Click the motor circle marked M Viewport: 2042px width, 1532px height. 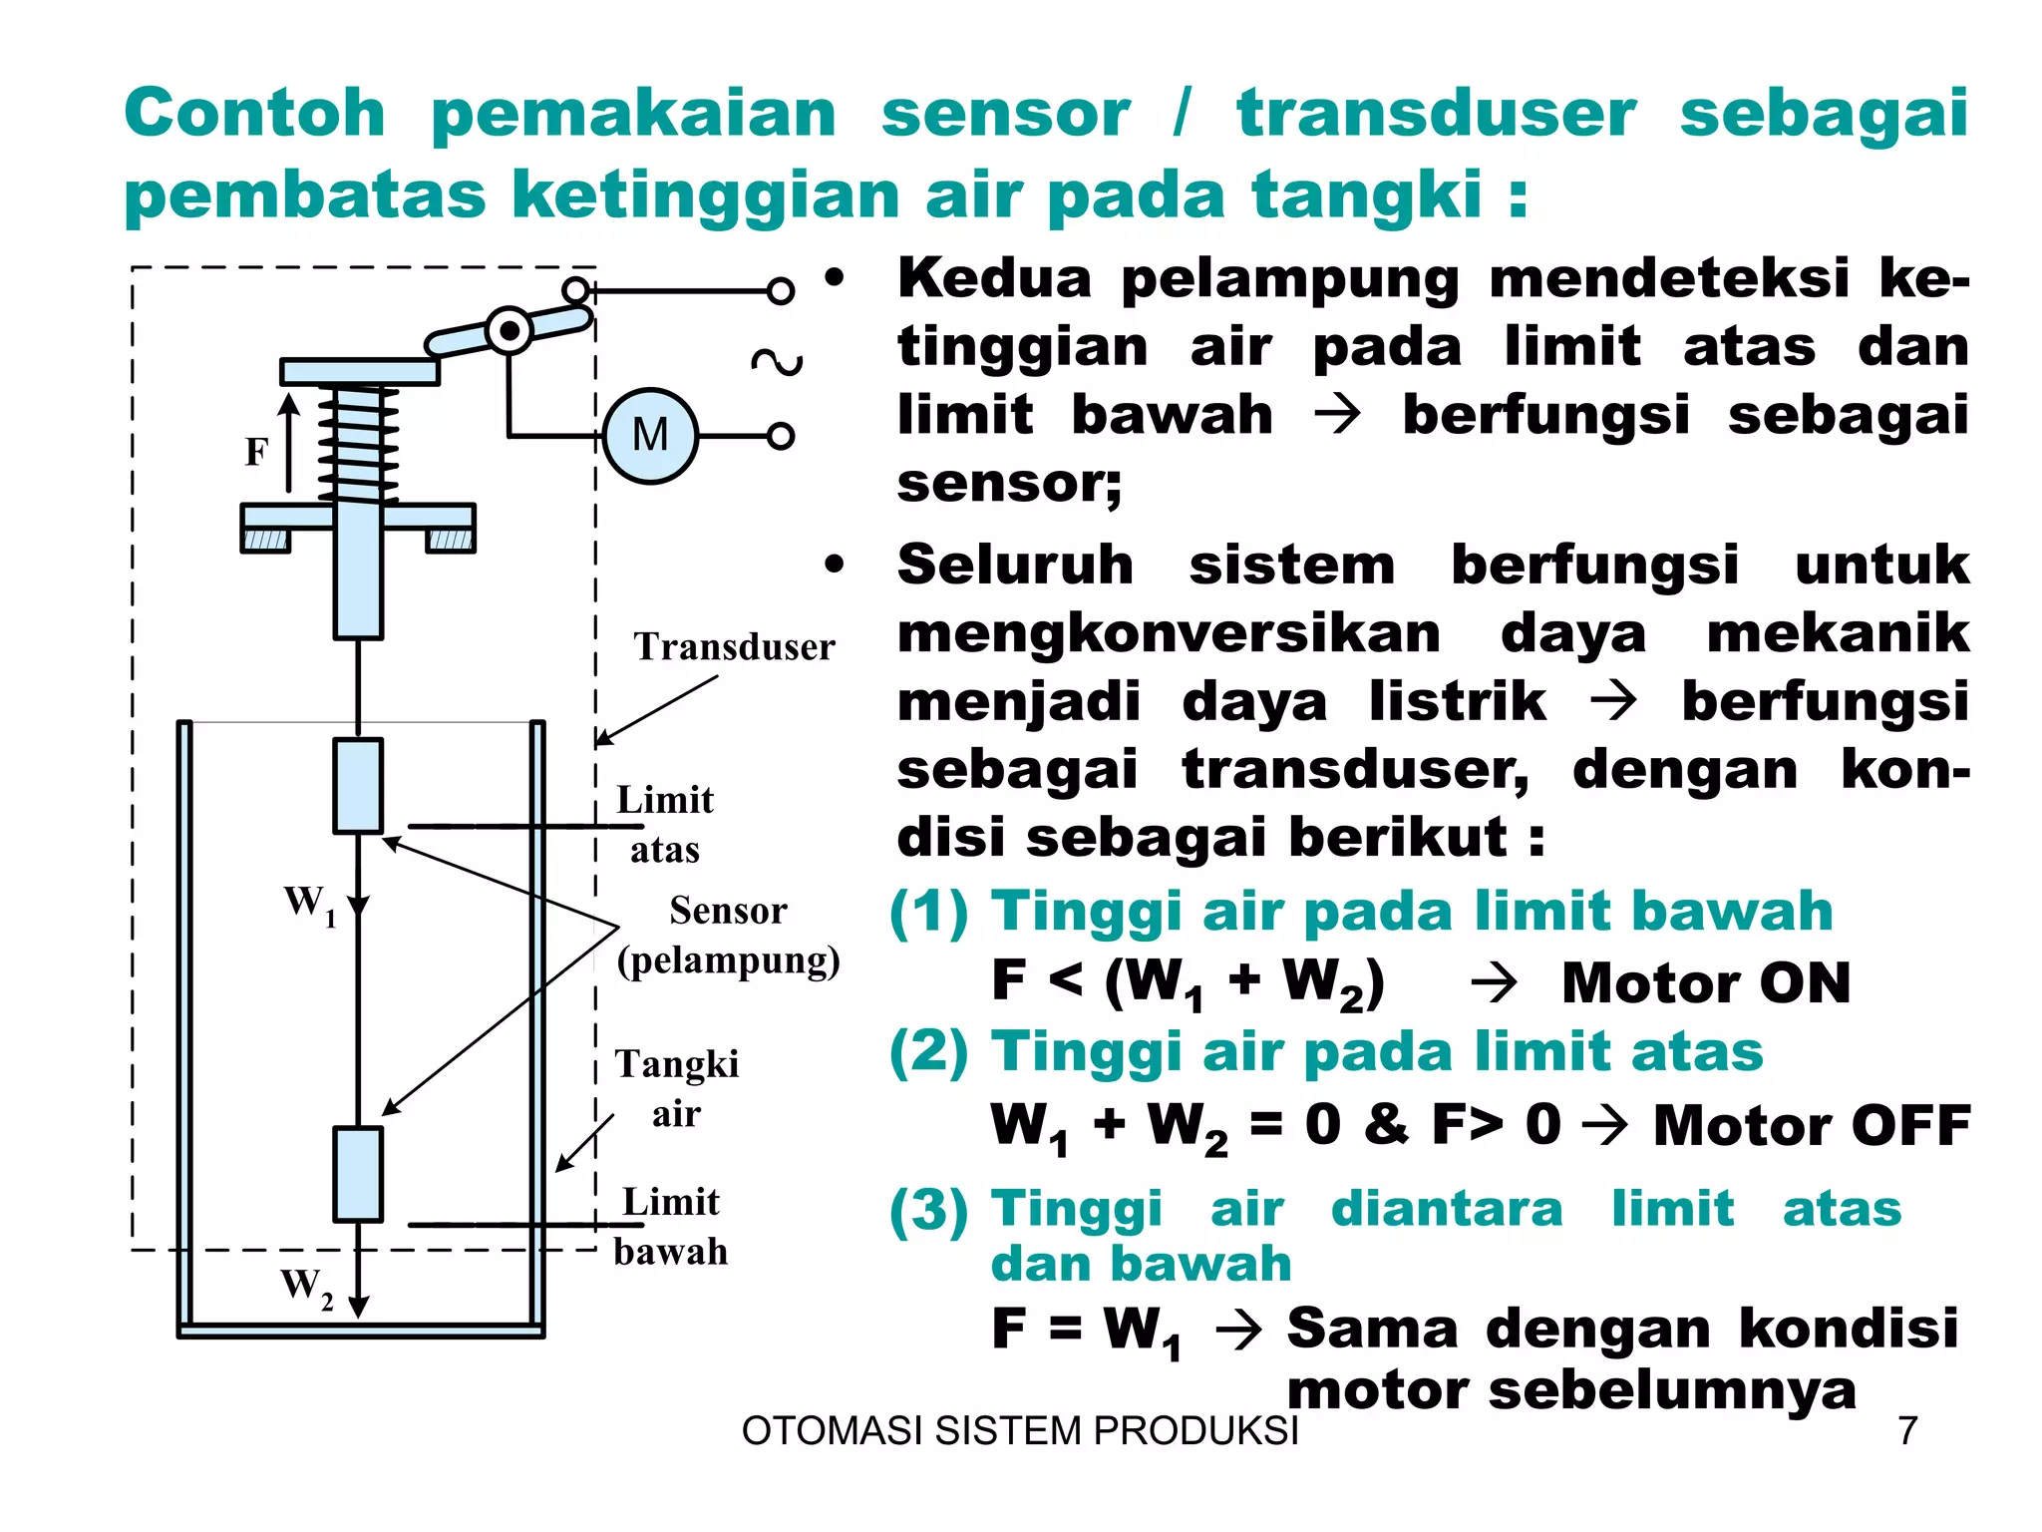tap(650, 436)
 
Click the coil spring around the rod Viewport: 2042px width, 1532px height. tap(358, 444)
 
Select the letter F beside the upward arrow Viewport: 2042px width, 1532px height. tap(256, 452)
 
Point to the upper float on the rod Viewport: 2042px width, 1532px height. tap(358, 785)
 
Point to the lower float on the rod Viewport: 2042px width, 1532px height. tap(358, 1174)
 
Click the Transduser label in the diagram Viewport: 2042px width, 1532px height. tap(734, 646)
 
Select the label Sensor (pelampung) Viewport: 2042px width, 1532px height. tap(728, 935)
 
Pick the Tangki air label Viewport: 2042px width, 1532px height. tap(676, 1088)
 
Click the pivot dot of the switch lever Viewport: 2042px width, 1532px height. tap(510, 330)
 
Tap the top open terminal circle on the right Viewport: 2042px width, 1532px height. tap(781, 291)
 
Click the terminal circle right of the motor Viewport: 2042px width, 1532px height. tap(781, 436)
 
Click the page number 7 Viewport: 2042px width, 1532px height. tap(1907, 1431)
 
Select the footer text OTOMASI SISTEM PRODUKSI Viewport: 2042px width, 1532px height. tap(1020, 1431)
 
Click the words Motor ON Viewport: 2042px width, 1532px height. tap(1705, 983)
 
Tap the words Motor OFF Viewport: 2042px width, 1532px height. tap(1811, 1125)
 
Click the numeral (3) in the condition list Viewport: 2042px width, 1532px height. tap(928, 1210)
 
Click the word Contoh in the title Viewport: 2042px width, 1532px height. tap(255, 113)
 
